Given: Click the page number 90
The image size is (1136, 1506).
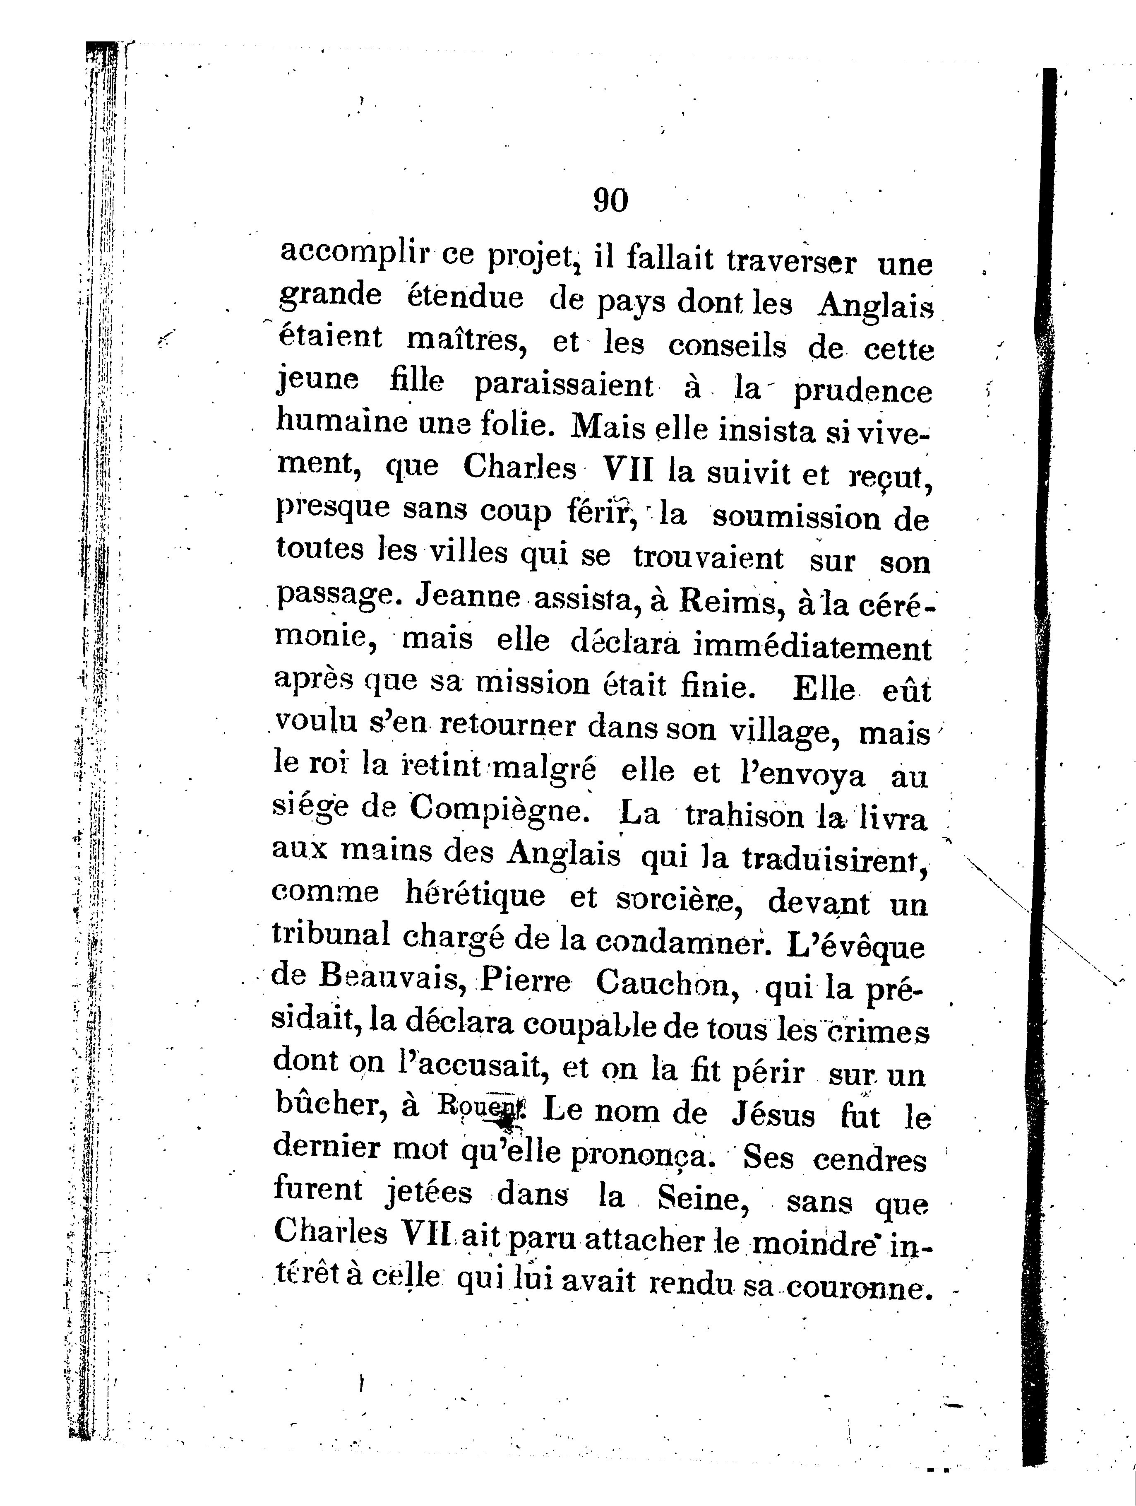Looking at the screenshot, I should (610, 200).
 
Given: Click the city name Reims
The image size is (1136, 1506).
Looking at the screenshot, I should (726, 602).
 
